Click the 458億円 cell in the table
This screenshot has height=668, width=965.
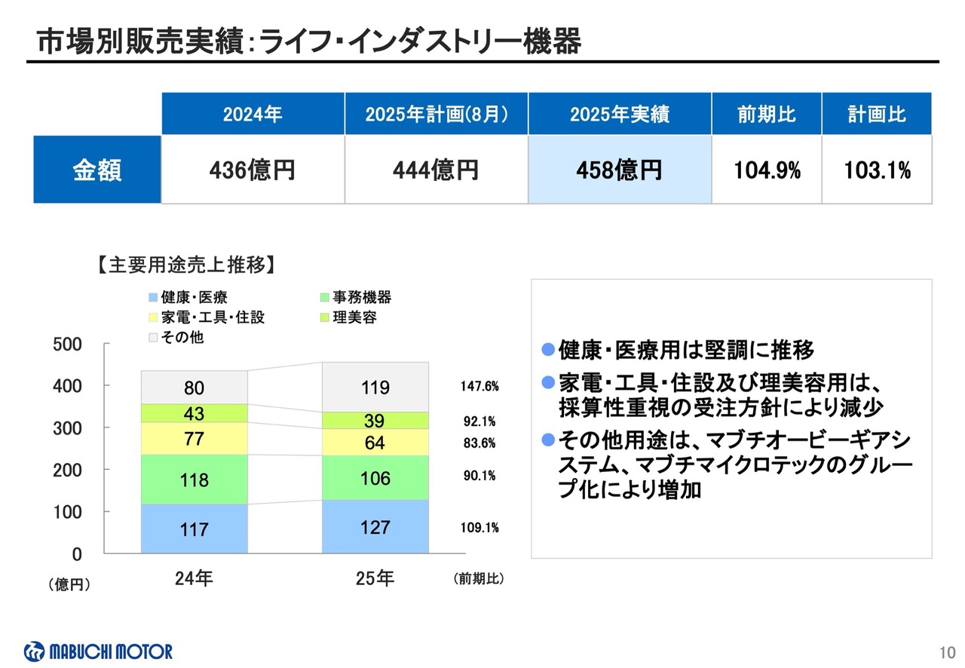(619, 170)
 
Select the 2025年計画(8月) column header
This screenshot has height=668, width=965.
(436, 115)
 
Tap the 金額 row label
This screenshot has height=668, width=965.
(97, 170)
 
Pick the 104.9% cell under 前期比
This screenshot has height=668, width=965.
(767, 170)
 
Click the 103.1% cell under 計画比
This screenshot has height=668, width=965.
(877, 170)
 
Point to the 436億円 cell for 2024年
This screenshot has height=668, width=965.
(253, 170)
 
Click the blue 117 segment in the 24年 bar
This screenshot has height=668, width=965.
(194, 529)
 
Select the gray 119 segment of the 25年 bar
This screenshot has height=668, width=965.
(375, 388)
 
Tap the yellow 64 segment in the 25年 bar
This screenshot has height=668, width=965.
(375, 443)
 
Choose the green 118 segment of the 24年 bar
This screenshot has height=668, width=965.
(194, 480)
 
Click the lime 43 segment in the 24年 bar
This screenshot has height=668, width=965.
(194, 414)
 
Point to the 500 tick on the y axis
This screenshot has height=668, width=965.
(67, 345)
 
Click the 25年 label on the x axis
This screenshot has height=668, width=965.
(375, 579)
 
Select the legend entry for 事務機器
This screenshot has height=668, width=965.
(356, 298)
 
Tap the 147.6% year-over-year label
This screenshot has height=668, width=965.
(479, 387)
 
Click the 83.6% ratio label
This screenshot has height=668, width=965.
(479, 443)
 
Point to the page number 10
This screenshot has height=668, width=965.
(948, 652)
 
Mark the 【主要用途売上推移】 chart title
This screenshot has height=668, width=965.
(184, 265)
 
